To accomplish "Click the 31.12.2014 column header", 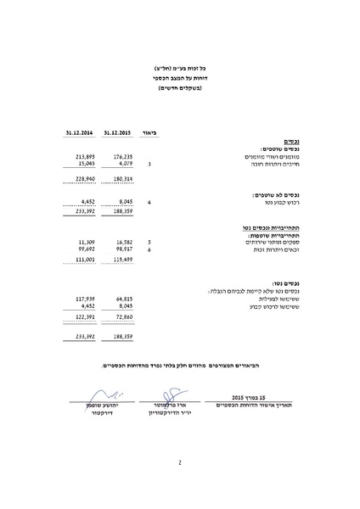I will click(77, 132).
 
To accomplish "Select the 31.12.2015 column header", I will click(117, 132).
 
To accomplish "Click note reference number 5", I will click(149, 243).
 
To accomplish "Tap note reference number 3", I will click(149, 163).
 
